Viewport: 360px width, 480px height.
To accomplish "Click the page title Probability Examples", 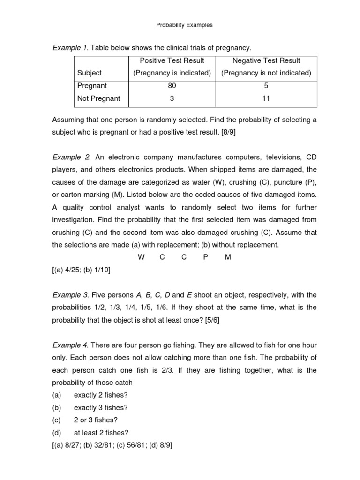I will coord(184,25).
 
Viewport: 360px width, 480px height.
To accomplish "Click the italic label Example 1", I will coord(70,48).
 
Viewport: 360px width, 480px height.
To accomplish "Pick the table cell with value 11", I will coord(266,98).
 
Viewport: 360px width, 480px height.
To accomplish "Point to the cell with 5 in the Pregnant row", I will coord(266,86).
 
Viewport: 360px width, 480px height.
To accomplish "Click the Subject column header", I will coord(90,73).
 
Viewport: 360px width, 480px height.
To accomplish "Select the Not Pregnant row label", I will coord(99,98).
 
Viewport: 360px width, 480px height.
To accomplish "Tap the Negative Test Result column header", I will coord(266,60).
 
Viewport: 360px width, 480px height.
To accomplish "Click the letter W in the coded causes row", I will coord(141,257).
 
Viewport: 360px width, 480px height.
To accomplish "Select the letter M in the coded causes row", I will coord(228,257).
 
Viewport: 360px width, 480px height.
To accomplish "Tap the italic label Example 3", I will coord(70,295).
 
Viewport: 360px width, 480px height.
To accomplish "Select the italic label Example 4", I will coord(70,345).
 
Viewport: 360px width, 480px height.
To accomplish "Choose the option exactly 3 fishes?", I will coord(101,407).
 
